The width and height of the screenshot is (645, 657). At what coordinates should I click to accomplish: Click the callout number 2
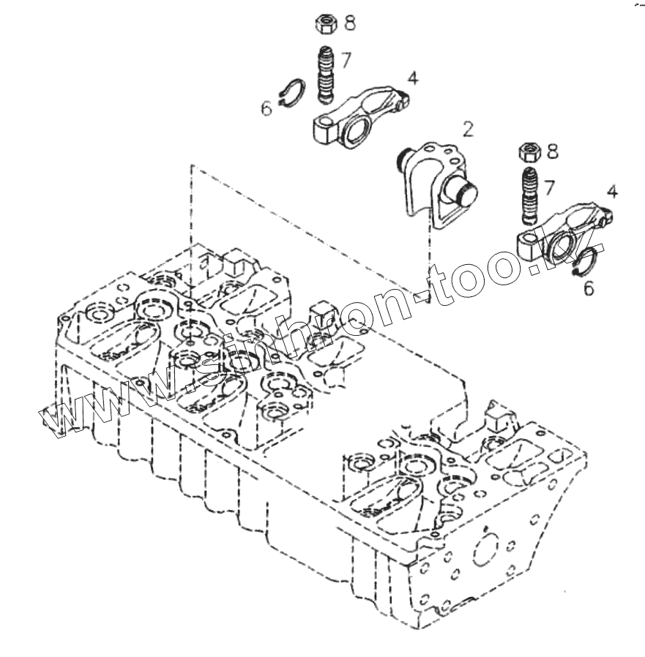[x=467, y=130]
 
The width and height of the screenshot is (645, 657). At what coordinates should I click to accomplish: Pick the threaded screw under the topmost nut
[x=325, y=75]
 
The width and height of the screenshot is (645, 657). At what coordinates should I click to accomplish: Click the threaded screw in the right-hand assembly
[x=529, y=197]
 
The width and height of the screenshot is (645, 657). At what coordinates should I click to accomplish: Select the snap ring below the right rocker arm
[x=588, y=263]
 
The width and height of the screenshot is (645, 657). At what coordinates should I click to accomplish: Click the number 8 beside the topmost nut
[x=350, y=23]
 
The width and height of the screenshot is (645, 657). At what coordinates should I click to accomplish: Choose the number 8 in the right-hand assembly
[x=552, y=152]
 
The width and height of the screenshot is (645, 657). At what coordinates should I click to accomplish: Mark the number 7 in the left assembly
[x=346, y=60]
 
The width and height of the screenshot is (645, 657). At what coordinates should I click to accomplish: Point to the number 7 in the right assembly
[x=548, y=188]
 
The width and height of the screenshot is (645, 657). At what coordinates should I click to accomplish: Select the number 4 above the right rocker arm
[x=612, y=192]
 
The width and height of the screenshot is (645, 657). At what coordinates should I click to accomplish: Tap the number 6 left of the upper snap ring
[x=266, y=109]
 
